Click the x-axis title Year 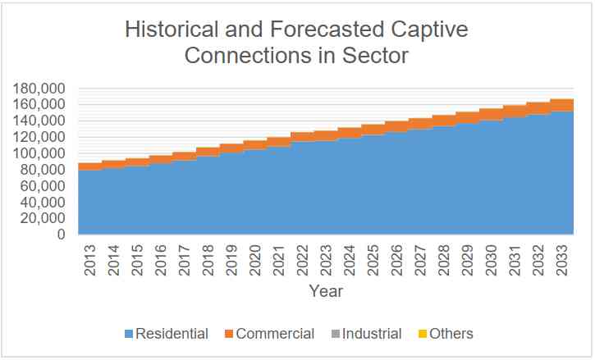pos(326,291)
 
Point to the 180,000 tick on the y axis pos(39,88)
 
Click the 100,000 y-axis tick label pos(39,153)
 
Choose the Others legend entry pos(449,334)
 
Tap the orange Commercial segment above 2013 pos(89,166)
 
